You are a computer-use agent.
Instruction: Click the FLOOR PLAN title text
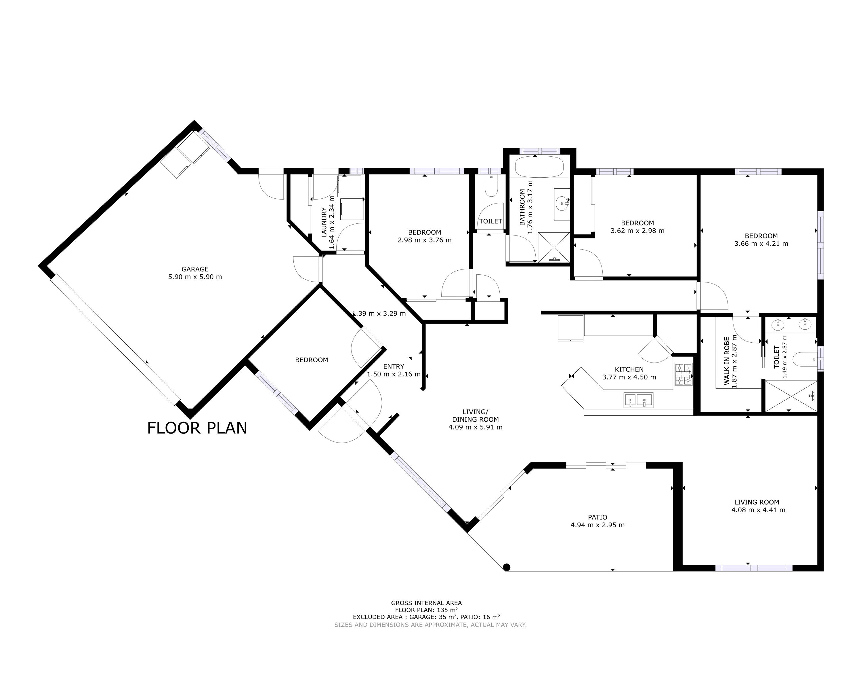pos(197,428)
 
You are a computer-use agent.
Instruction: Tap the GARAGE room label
pos(195,269)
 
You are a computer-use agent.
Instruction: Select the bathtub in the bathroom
pos(539,167)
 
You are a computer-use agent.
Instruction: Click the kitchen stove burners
pos(683,374)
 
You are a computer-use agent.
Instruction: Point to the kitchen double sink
pos(638,400)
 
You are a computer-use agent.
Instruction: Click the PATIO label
pos(597,517)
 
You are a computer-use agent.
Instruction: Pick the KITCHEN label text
pos(629,369)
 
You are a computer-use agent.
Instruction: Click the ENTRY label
pos(394,367)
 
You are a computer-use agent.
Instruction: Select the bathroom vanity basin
pos(562,204)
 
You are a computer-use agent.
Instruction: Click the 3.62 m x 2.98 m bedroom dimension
pos(637,231)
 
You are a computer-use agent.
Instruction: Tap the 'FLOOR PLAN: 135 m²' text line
pos(426,610)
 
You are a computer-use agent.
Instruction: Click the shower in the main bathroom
pos(553,247)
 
